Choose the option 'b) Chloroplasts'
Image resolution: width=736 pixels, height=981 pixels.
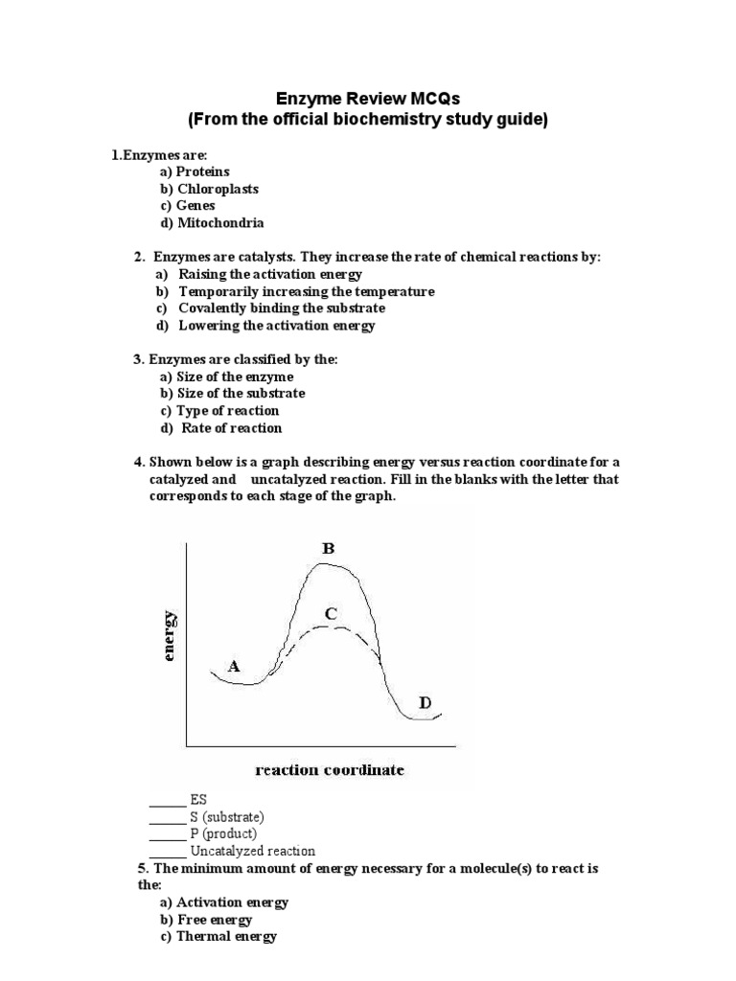(209, 189)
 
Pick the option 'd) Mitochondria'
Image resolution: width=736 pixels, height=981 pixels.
(212, 223)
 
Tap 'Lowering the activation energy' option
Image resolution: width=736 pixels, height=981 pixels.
(277, 326)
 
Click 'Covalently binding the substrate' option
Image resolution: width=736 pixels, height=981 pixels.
(282, 308)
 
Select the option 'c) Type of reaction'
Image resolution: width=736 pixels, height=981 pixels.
(219, 411)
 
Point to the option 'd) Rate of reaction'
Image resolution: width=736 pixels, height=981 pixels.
(221, 428)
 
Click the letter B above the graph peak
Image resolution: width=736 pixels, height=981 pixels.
(328, 549)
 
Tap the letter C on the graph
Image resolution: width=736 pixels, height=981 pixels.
(330, 613)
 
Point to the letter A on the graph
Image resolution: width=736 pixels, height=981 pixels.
(232, 665)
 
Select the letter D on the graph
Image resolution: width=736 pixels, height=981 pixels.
(425, 703)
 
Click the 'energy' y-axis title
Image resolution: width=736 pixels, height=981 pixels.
(170, 635)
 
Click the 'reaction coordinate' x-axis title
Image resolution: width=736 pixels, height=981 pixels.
(329, 769)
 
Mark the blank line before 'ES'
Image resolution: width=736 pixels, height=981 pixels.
(167, 799)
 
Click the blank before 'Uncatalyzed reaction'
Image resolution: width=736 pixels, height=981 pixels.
(167, 851)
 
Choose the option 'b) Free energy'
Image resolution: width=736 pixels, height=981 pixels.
(206, 920)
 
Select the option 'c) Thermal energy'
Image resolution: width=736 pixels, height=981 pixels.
(218, 937)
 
